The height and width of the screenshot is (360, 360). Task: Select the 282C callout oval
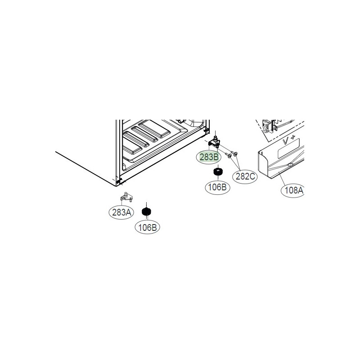point(246,176)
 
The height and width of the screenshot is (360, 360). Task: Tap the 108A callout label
point(294,190)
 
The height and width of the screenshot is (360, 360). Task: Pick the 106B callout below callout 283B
point(218,186)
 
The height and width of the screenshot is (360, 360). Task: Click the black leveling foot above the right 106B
point(218,171)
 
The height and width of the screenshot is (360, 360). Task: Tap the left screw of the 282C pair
point(229,155)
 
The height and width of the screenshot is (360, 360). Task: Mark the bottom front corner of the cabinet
point(118,182)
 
